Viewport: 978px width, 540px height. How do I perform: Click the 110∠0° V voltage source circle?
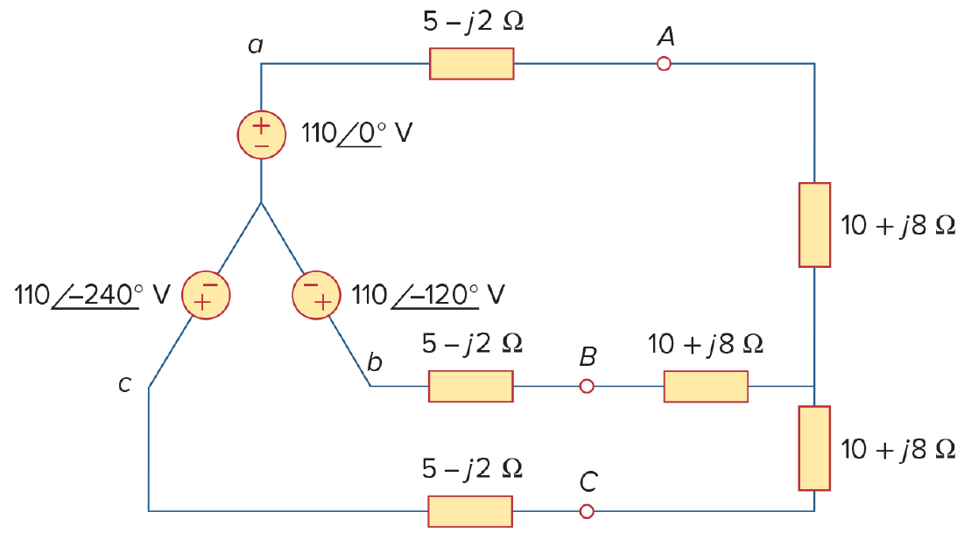[261, 135]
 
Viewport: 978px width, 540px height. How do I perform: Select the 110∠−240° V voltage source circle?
[206, 295]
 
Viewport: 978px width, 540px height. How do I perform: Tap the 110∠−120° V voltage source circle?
[316, 295]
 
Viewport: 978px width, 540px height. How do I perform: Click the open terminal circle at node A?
[665, 64]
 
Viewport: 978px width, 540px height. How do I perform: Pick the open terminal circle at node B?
[587, 387]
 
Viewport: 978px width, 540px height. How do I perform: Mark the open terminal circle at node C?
[587, 512]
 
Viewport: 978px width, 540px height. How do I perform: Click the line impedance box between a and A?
[472, 64]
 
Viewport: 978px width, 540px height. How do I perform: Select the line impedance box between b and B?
[471, 387]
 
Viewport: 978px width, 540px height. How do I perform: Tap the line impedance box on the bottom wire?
[470, 512]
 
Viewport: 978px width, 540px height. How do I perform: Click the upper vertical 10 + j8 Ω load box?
[814, 225]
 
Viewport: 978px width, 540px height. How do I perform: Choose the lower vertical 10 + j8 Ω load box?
[814, 448]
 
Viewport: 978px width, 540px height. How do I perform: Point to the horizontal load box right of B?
[706, 387]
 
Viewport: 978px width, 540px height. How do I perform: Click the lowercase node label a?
[256, 46]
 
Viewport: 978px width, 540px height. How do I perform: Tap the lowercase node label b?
[374, 361]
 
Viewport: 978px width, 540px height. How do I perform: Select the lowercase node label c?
[124, 384]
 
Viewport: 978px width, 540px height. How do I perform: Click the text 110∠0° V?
[356, 133]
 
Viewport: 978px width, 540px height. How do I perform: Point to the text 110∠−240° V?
[92, 295]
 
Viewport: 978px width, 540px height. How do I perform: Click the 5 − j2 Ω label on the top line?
[474, 22]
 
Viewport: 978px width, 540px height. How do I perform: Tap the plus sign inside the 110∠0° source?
[261, 124]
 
